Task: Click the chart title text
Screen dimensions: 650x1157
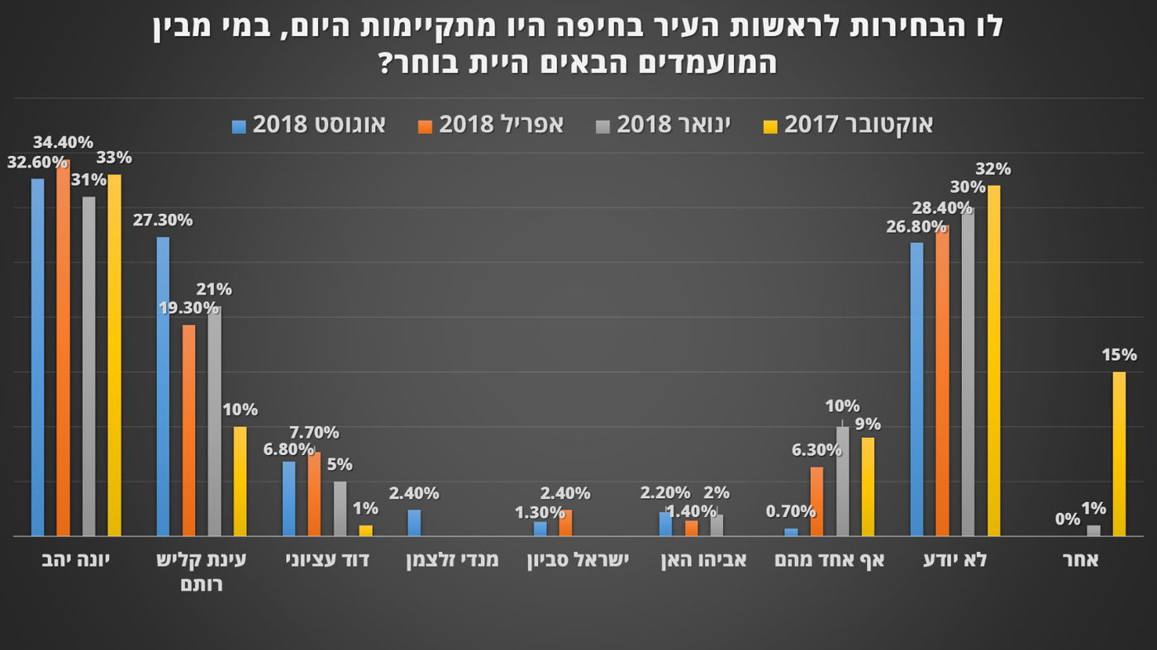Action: pos(578,43)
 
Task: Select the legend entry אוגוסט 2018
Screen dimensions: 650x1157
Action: pos(319,125)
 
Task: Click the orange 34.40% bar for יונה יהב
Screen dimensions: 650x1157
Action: pos(63,347)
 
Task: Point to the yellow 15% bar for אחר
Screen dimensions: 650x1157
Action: pos(1119,453)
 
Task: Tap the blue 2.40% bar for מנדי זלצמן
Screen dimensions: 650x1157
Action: pos(414,523)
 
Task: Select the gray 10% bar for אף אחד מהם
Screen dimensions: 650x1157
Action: pos(842,482)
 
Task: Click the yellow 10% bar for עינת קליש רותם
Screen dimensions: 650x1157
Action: pos(240,482)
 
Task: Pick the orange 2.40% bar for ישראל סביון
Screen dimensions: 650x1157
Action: pos(565,523)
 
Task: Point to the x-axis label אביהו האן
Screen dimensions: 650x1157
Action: pos(703,560)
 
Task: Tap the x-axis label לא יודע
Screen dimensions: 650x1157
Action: pos(955,560)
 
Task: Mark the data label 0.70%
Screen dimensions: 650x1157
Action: pos(791,511)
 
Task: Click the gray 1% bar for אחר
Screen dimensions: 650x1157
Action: pos(1093,530)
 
